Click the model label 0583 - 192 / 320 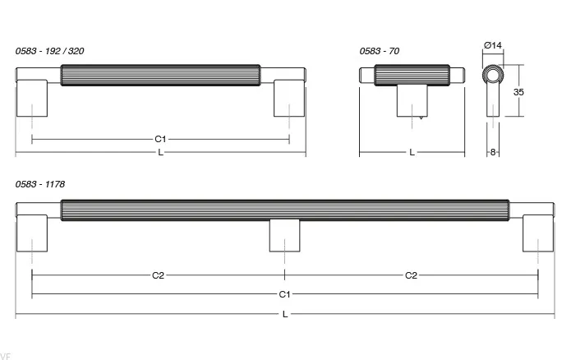tap(49, 51)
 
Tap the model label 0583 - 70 tap(379, 51)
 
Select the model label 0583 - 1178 tap(40, 184)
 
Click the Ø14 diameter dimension tap(493, 45)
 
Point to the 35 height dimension tap(518, 92)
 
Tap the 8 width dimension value tap(493, 152)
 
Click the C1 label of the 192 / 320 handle tap(160, 139)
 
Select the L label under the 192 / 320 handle tap(160, 153)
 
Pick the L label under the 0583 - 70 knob tap(412, 152)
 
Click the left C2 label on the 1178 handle tap(158, 275)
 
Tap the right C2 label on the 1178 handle tap(411, 275)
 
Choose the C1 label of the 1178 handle tap(284, 294)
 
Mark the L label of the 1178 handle tap(285, 314)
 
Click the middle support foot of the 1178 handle tap(285, 236)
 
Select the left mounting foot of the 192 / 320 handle tap(32, 98)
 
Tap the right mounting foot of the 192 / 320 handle tap(288, 98)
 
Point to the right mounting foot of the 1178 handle tap(538, 233)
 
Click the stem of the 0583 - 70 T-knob tap(412, 101)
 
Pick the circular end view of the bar tap(493, 76)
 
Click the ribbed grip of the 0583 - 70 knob tap(412, 75)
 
